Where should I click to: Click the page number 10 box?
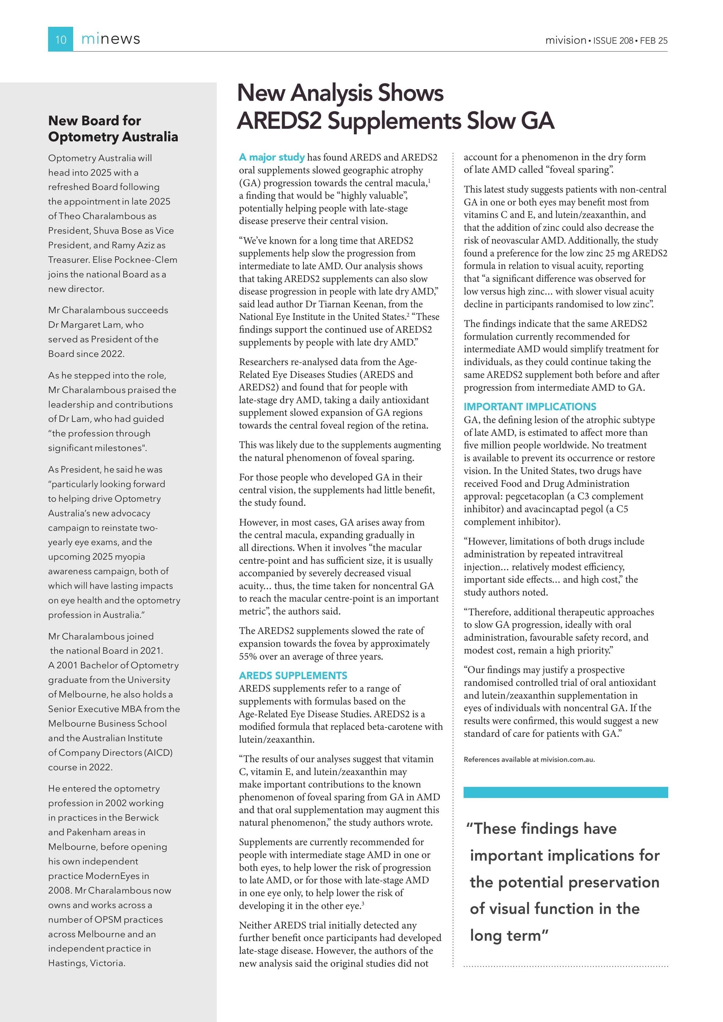pyautogui.click(x=61, y=39)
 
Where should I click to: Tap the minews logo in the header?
pyautogui.click(x=111, y=39)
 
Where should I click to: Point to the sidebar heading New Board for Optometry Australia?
pyautogui.click(x=113, y=129)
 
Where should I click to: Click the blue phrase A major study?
pyautogui.click(x=271, y=157)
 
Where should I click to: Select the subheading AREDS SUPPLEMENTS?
pyautogui.click(x=293, y=675)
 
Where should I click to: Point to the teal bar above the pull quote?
pyautogui.click(x=565, y=792)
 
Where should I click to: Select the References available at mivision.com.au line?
pyautogui.click(x=529, y=759)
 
